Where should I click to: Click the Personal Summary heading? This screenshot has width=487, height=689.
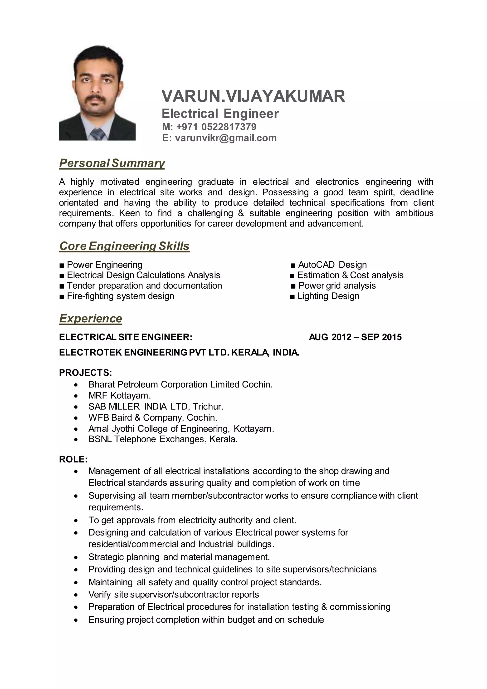(112, 163)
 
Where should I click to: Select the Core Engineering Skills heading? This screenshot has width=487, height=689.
(124, 246)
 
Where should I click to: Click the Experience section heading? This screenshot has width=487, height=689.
(91, 318)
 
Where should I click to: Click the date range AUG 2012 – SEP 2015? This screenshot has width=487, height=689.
(355, 337)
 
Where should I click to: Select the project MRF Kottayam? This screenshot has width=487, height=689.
(119, 395)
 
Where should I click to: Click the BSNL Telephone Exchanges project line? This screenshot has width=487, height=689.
(163, 439)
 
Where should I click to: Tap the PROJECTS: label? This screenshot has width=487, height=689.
(85, 373)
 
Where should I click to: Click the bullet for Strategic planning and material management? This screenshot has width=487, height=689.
(76, 557)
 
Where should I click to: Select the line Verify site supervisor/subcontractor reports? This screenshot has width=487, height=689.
(174, 595)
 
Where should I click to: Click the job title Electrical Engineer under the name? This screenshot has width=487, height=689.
(220, 114)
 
